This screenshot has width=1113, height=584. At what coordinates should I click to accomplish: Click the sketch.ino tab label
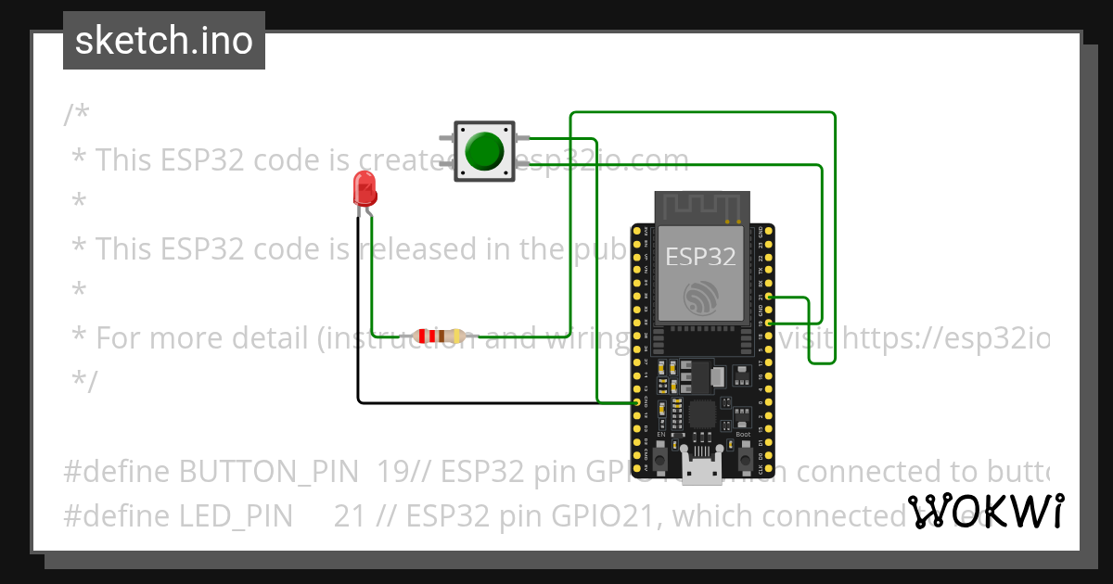coord(164,41)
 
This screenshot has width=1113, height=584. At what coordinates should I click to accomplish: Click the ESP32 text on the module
coord(700,257)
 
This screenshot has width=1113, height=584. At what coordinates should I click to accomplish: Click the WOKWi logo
coord(985,512)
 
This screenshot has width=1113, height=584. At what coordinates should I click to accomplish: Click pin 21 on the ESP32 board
coord(768,298)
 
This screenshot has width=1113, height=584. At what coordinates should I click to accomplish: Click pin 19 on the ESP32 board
coord(768,322)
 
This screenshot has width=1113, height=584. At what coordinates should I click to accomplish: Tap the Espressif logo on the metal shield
coord(700,298)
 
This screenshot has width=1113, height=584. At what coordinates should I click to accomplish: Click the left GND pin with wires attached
coord(636,403)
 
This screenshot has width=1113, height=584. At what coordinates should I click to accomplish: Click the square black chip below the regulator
coord(702,414)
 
